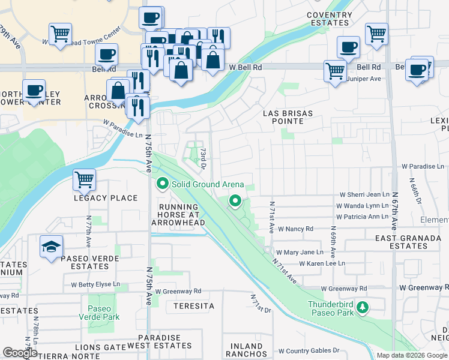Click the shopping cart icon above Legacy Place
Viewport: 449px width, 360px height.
coord(84,179)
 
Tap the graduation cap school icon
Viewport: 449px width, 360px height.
coord(51,246)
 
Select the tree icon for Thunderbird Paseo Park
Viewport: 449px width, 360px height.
coord(362,307)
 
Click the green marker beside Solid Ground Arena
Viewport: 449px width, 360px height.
coord(161,184)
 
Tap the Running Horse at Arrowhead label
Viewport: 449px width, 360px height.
coord(178,215)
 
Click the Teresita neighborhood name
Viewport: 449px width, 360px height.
coord(194,306)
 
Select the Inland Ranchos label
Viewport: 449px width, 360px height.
coord(247,350)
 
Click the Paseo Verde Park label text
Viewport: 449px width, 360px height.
coord(103,313)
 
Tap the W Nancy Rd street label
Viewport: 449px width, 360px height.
coord(295,229)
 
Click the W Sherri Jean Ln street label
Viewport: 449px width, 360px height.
coord(364,194)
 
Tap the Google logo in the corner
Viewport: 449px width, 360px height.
coord(20,353)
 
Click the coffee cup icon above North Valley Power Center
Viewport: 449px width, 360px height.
coord(34,91)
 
